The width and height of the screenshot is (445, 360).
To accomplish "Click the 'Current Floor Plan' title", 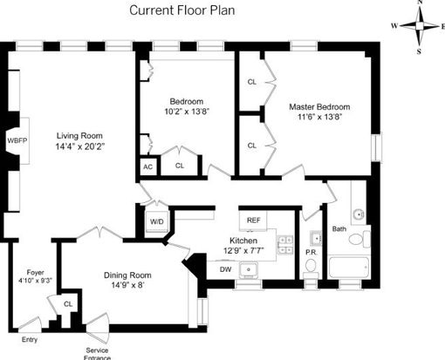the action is tap(182, 10).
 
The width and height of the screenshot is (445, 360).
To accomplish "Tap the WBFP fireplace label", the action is tap(17, 141).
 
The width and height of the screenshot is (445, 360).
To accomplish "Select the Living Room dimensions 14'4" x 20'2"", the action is tap(80, 146).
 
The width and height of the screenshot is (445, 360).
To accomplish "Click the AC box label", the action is tap(147, 167).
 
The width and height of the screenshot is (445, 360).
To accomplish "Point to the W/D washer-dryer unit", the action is tap(157, 221).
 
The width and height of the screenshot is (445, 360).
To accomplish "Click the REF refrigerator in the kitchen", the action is tap(253, 221).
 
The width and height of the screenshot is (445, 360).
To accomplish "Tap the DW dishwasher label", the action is tap(225, 269).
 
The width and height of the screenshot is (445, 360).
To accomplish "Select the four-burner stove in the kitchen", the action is tap(285, 245).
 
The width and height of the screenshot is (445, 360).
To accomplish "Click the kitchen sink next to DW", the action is tap(249, 269).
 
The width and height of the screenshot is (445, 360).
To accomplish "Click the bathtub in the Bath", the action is tap(349, 267).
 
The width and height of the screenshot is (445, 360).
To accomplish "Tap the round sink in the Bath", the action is tap(359, 214).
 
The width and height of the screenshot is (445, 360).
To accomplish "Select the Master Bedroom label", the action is tap(319, 107).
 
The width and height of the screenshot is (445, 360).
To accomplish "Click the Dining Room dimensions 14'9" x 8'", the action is tap(127, 285).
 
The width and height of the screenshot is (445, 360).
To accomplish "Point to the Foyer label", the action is tap(35, 273).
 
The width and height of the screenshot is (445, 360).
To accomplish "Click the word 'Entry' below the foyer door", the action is tap(30, 339).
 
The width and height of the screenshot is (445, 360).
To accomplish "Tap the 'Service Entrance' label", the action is tap(97, 354).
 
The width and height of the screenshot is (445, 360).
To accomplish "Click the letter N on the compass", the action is tap(420, 3).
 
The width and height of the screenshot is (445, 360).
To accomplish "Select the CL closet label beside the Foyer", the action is tap(68, 304).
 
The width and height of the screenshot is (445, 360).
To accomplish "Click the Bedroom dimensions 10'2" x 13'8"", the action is tap(187, 112).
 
